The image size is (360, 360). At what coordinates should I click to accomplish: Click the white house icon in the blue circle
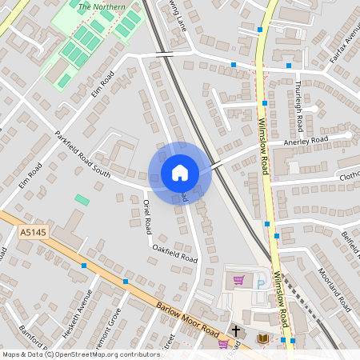point(180,173)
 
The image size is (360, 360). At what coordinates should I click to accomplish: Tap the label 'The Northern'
point(102,6)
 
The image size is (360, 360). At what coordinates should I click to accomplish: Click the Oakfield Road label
point(174,254)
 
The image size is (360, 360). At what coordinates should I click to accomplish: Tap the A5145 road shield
point(26,233)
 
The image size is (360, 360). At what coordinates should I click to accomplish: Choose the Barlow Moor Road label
point(189,321)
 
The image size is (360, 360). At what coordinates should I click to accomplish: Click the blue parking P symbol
point(261,282)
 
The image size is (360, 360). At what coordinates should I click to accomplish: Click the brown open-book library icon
point(262,339)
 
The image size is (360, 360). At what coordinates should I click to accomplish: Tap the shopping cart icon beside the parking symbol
point(238,281)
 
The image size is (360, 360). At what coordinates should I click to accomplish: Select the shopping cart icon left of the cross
point(223,343)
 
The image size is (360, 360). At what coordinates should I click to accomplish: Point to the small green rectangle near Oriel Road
point(82,199)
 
